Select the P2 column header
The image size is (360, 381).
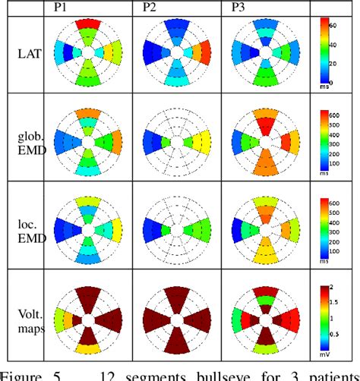151,8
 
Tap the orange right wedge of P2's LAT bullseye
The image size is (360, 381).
204,53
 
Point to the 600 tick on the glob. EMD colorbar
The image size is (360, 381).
343,114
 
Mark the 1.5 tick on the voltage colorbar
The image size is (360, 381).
343,301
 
